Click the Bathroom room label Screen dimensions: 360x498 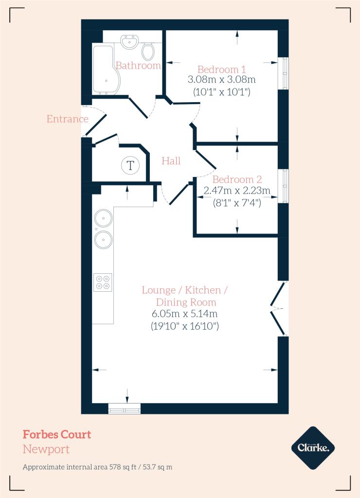[x=138, y=66]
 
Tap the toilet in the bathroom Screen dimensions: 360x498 [x=148, y=51]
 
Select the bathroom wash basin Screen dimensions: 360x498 [x=129, y=41]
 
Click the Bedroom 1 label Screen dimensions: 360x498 [x=221, y=69]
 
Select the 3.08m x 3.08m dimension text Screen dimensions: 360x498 [x=221, y=79]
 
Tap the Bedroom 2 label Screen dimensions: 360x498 [x=237, y=179]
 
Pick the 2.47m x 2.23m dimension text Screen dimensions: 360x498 [x=237, y=191]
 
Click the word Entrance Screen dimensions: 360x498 [x=67, y=119]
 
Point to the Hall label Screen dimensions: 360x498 [x=171, y=160]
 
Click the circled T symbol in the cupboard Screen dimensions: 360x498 [x=130, y=165]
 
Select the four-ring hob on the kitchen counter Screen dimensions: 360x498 [x=103, y=283]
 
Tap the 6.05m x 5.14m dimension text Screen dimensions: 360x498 [x=184, y=314]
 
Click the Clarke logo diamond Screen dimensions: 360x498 [x=313, y=448]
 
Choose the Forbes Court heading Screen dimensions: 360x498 [x=57, y=434]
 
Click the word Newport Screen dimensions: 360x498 [x=46, y=449]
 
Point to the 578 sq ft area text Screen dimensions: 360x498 [x=123, y=467]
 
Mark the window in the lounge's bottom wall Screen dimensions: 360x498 [x=124, y=409]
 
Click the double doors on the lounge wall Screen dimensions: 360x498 [x=279, y=308]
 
